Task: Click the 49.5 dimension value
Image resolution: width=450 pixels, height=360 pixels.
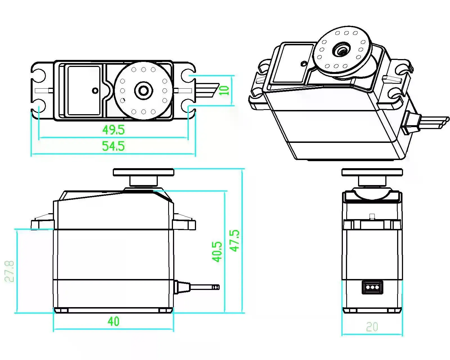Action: [113, 130]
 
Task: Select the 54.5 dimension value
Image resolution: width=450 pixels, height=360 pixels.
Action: [113, 146]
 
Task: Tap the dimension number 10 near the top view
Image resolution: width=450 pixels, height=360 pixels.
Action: [225, 91]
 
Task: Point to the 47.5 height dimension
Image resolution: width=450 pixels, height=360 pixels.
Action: [235, 240]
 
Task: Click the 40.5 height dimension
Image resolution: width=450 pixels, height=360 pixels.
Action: [217, 252]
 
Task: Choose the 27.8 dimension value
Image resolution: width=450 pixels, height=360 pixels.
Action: [9, 271]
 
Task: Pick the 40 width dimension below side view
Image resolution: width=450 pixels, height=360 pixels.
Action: [113, 321]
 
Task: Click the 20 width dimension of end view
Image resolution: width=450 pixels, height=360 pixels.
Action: [372, 327]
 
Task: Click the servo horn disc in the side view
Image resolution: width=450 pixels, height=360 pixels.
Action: [143, 172]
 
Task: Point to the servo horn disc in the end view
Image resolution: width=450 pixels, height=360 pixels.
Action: [372, 172]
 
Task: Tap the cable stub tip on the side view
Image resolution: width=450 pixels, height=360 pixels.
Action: [216, 287]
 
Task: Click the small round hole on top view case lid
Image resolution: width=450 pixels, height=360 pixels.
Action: [95, 90]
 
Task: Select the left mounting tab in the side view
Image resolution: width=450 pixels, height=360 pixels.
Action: [42, 224]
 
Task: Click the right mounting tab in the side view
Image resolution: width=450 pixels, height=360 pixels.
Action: [184, 224]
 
